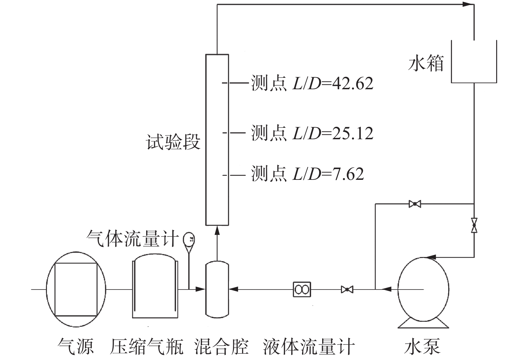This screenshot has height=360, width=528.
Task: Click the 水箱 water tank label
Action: click(426, 63)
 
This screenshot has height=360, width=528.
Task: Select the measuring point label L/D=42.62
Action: click(312, 83)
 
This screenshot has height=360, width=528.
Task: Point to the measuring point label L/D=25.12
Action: click(312, 133)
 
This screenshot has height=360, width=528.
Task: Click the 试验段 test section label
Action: click(173, 142)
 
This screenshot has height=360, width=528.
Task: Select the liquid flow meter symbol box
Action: click(302, 289)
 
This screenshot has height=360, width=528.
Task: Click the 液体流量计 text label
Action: click(309, 347)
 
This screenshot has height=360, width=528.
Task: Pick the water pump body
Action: click(423, 289)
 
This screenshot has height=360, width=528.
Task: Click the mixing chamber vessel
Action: click(217, 289)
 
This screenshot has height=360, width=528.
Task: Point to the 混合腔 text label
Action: click(221, 347)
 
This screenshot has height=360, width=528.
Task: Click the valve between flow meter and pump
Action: click(347, 289)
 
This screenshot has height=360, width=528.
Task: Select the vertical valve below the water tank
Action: click(474, 225)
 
